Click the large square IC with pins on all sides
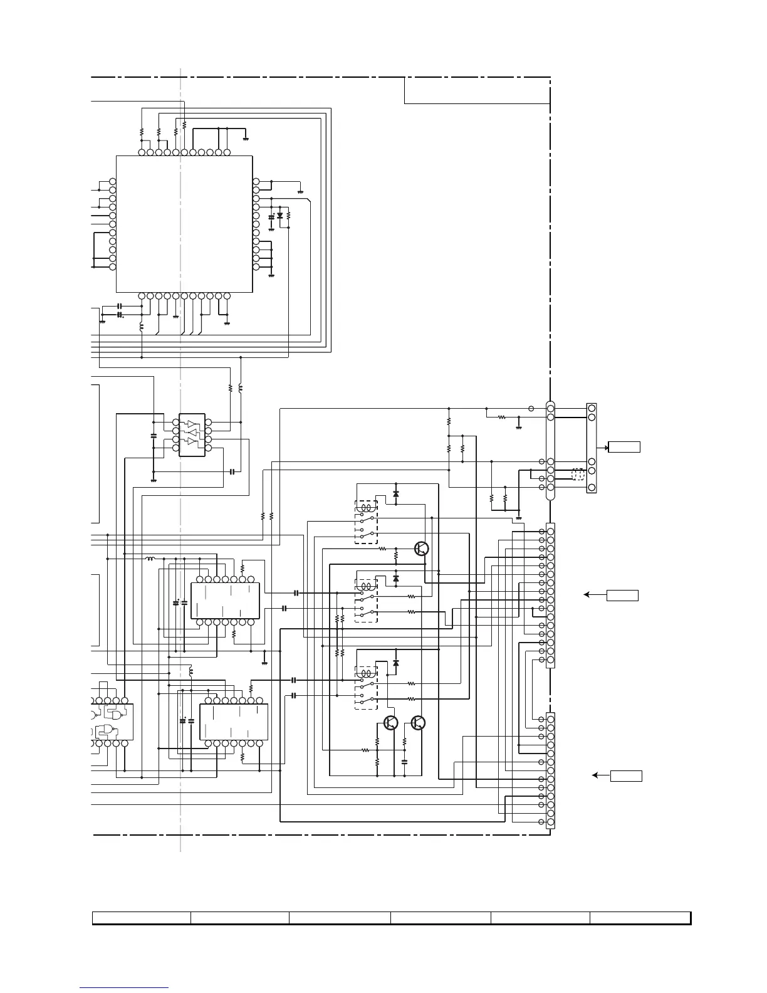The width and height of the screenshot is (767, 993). (x=184, y=224)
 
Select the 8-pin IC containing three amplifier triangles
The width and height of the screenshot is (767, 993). (x=191, y=434)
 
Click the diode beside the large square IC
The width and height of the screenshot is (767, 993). (x=279, y=216)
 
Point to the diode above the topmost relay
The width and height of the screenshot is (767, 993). (x=395, y=493)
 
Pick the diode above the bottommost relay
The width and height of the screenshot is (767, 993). (x=395, y=663)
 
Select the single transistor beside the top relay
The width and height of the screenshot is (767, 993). (x=422, y=549)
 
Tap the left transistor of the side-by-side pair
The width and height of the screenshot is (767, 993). (x=391, y=723)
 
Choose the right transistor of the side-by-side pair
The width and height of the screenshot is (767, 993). (x=418, y=723)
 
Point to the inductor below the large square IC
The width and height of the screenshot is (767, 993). (x=142, y=327)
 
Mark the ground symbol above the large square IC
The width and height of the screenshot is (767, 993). (x=246, y=137)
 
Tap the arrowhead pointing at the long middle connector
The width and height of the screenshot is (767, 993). (x=586, y=595)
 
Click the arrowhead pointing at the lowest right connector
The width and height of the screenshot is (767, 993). (x=595, y=776)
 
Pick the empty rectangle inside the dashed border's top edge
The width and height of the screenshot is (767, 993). (x=477, y=90)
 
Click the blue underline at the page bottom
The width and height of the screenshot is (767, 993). (x=124, y=988)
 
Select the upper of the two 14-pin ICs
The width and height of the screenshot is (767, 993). (x=224, y=601)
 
